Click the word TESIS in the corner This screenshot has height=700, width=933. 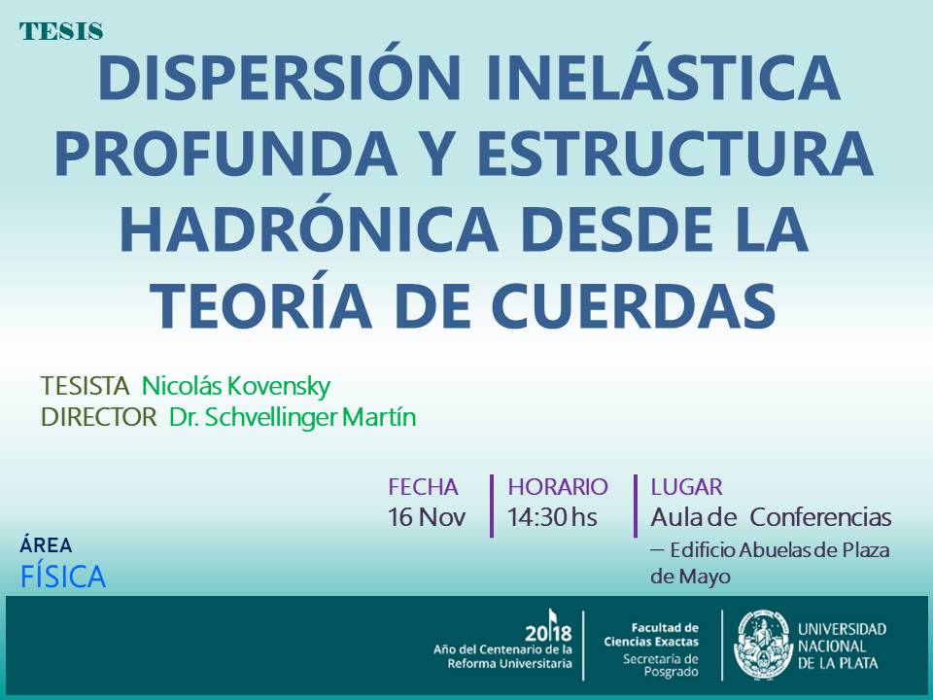(x=61, y=31)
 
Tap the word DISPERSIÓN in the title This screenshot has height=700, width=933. (x=279, y=79)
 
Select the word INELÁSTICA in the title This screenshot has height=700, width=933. (x=663, y=78)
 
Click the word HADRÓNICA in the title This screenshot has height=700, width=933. (x=309, y=229)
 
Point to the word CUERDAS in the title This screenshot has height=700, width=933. (x=634, y=306)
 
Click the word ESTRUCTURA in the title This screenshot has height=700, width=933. (x=674, y=153)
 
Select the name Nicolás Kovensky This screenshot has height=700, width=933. (x=235, y=386)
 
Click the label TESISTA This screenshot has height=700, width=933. (x=85, y=386)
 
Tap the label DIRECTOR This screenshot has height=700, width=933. (x=99, y=417)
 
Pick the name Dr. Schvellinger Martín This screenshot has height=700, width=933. (x=293, y=418)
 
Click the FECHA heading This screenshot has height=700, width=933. (x=423, y=487)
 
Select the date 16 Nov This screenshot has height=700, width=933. (x=426, y=516)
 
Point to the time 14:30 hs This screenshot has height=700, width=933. (x=552, y=516)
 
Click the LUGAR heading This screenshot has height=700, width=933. (x=686, y=487)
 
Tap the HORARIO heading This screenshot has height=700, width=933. (x=558, y=487)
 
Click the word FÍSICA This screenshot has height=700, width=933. (x=63, y=577)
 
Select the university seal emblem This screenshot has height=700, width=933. (x=764, y=645)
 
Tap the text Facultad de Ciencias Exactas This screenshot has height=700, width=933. (x=651, y=635)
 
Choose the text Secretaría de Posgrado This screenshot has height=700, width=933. (x=661, y=665)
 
